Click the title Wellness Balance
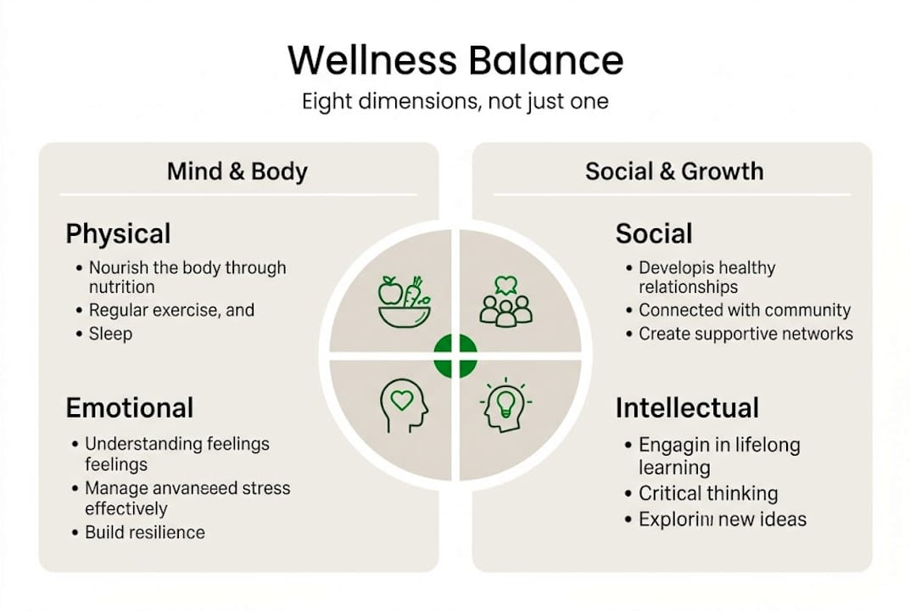[455, 61]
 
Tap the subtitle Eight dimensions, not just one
[455, 102]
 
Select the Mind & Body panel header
[237, 171]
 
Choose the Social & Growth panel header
[674, 171]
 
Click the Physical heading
[118, 233]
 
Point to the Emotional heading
[130, 407]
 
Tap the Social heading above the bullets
[654, 233]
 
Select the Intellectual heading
[687, 407]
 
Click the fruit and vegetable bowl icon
[403, 301]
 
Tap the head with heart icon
[404, 406]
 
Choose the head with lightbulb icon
[506, 406]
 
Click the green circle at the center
[455, 356]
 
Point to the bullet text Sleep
[110, 334]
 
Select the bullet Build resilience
[144, 533]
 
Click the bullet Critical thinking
[707, 493]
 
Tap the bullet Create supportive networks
[745, 334]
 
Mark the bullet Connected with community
[744, 311]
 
